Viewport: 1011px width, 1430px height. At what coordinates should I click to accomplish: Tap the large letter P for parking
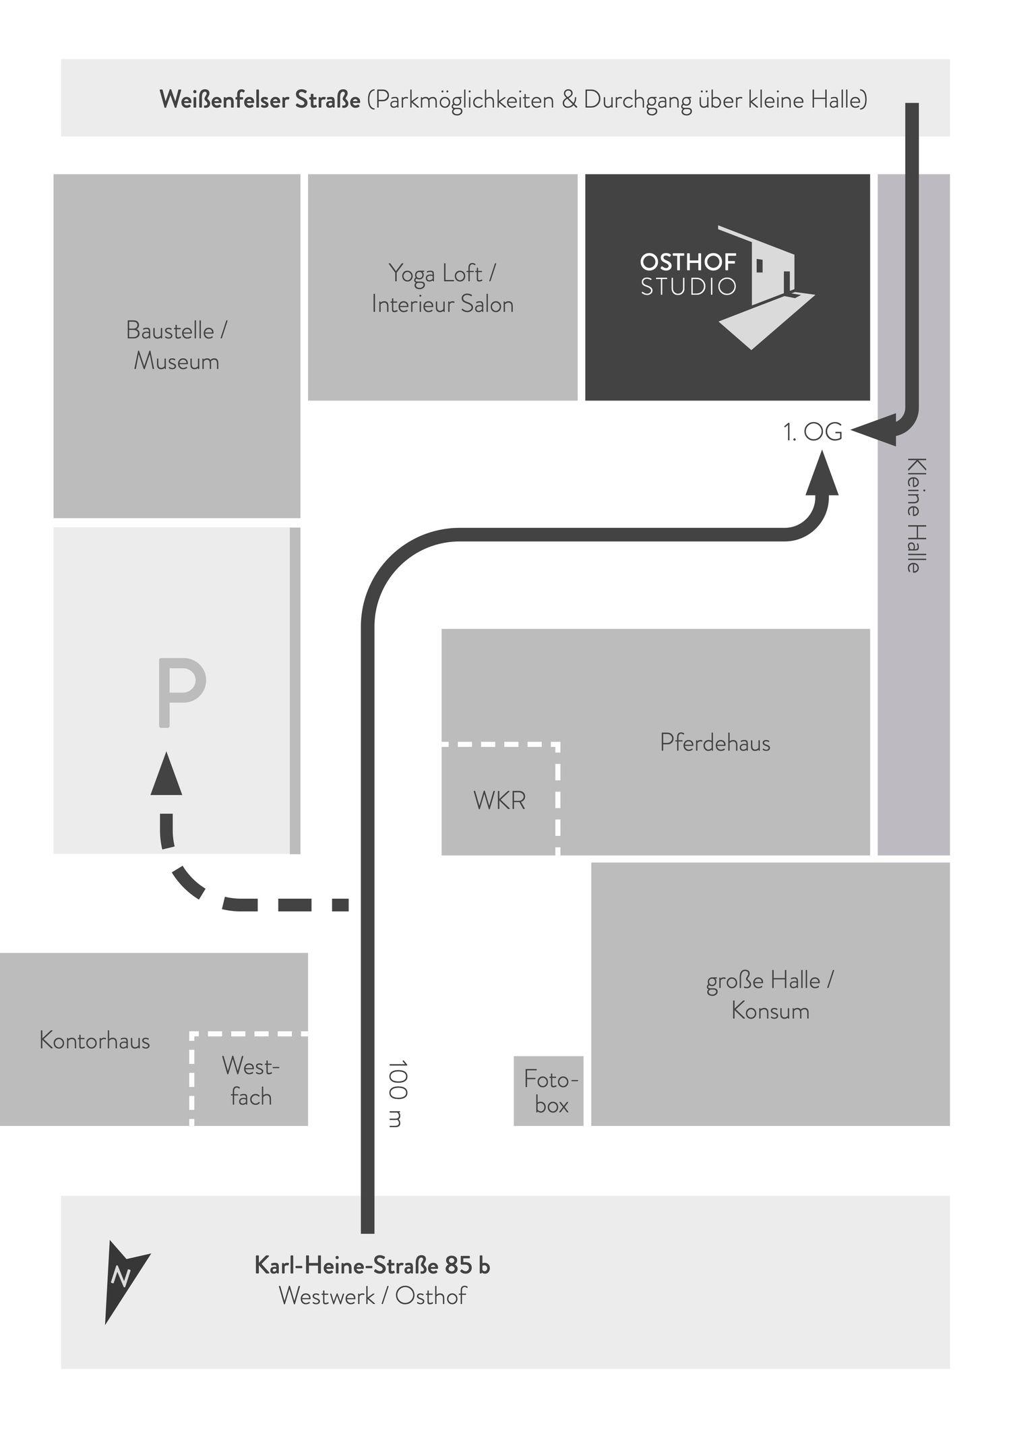(181, 693)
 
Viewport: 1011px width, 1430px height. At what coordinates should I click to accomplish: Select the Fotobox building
(549, 1091)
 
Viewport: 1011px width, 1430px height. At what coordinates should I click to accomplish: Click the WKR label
(499, 800)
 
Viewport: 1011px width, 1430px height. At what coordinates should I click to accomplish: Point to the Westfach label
(251, 1081)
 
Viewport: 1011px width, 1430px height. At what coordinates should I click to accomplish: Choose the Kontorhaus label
(94, 1040)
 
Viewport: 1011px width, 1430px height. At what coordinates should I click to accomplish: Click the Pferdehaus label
(715, 742)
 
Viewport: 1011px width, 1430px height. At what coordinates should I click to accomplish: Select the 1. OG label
(813, 432)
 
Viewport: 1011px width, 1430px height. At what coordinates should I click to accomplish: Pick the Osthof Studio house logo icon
(766, 287)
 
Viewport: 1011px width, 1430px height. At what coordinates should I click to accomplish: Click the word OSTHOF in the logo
(688, 262)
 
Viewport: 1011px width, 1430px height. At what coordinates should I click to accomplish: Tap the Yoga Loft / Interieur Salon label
(443, 289)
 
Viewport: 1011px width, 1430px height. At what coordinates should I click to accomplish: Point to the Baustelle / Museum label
(177, 346)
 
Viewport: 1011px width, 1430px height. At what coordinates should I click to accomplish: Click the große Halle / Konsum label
(770, 996)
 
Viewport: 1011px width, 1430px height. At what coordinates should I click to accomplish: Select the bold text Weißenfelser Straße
(260, 100)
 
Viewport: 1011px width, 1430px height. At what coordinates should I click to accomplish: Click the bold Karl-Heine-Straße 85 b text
(372, 1266)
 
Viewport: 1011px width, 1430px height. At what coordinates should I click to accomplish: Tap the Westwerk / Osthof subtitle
(372, 1297)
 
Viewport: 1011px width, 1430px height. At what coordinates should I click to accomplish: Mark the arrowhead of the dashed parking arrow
(166, 773)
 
